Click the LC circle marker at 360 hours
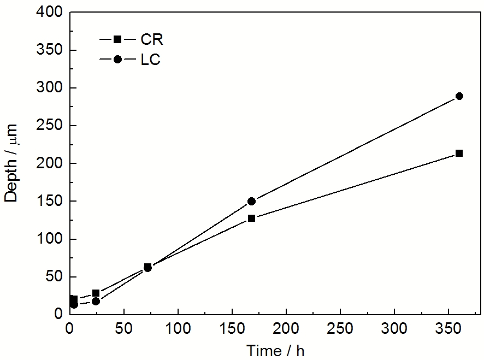(x=459, y=96)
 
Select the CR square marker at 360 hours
(x=459, y=154)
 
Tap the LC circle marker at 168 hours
(x=251, y=201)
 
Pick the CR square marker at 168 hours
(x=251, y=218)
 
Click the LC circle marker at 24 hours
(x=96, y=301)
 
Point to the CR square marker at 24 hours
(x=96, y=293)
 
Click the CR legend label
(x=152, y=40)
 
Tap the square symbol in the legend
(x=117, y=39)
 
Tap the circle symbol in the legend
(x=117, y=59)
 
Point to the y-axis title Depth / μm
(x=12, y=163)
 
